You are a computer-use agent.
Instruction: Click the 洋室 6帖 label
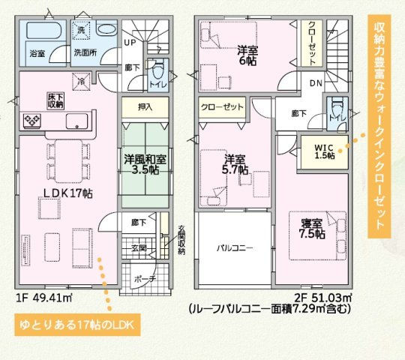[x=248, y=57]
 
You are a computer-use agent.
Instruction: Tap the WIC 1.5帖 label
[x=324, y=150]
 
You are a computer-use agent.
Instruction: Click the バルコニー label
[x=233, y=247]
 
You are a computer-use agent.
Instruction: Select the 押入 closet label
[x=145, y=107]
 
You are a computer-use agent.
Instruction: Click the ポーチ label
[x=145, y=279]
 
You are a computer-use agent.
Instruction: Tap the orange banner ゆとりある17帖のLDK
[x=74, y=326]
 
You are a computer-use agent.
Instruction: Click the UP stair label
[x=130, y=43]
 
